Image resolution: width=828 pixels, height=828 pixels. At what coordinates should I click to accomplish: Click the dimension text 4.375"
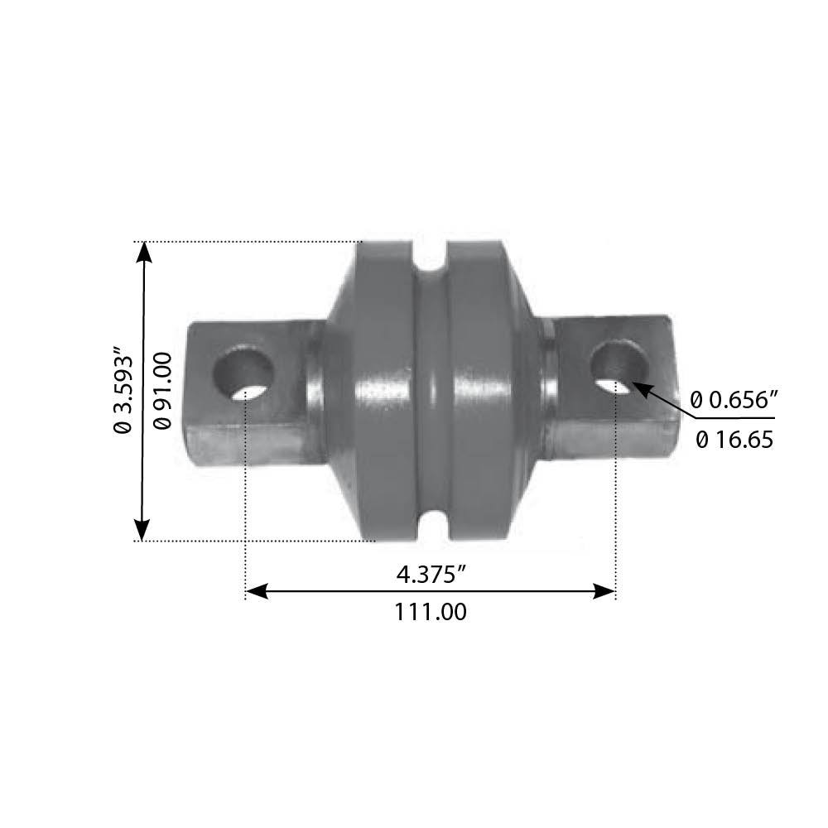(x=430, y=572)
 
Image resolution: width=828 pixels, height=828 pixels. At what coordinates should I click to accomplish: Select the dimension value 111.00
(x=431, y=612)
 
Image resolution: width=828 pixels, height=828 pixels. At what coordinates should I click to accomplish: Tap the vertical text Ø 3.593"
(x=123, y=392)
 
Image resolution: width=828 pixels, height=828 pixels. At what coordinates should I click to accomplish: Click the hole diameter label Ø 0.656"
(x=735, y=401)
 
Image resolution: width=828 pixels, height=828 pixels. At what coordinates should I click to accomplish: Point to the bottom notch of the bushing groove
(x=431, y=523)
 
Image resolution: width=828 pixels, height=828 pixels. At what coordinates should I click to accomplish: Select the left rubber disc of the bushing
(x=383, y=389)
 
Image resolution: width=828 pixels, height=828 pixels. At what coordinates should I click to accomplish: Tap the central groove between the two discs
(x=431, y=389)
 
